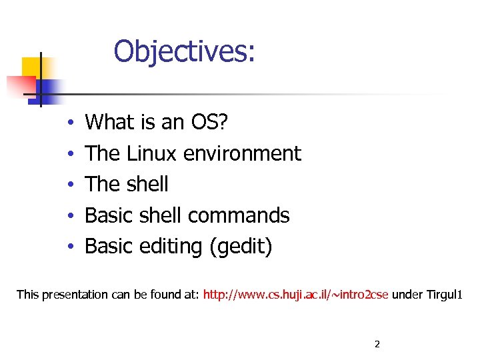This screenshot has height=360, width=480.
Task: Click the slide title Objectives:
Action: (184, 51)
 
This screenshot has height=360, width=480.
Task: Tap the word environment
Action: (242, 153)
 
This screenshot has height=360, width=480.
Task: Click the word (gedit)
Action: (241, 247)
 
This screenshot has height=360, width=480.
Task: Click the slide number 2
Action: (377, 344)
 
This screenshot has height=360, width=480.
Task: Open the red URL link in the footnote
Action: (296, 294)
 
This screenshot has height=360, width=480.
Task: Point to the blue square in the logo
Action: (50, 88)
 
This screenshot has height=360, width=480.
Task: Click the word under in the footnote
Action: (406, 294)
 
